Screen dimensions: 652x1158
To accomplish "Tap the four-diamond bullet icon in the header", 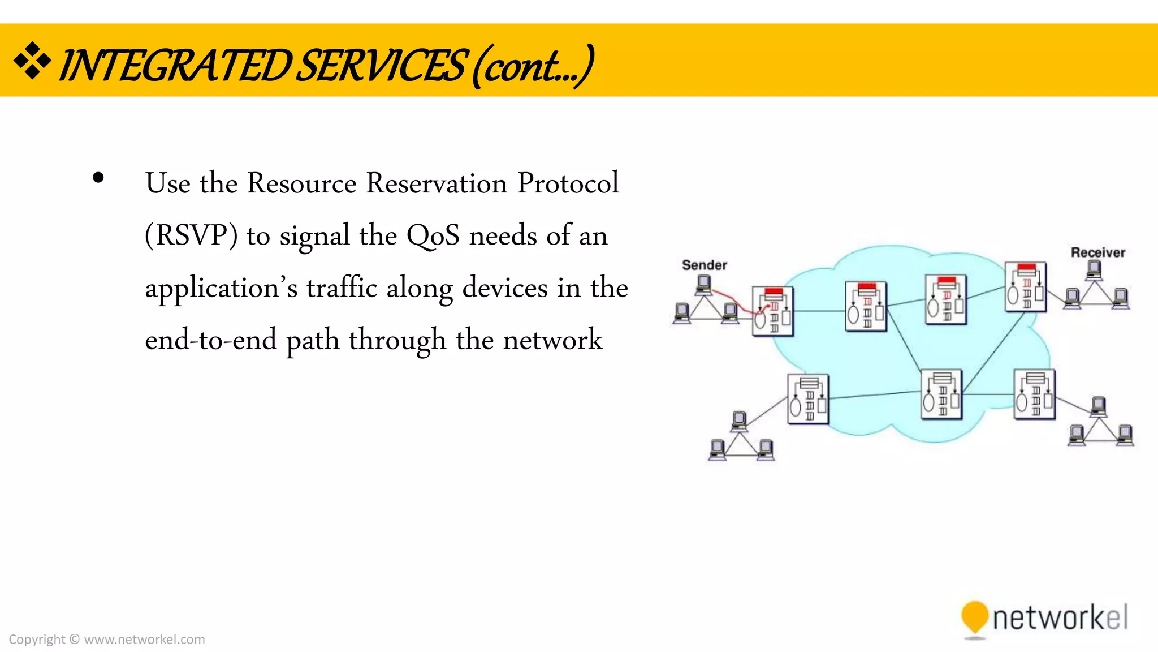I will (32, 61).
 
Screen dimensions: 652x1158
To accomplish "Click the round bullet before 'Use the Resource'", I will (98, 178).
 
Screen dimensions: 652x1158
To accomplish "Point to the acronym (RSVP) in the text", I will (192, 235).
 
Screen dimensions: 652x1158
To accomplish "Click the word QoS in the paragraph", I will (433, 235).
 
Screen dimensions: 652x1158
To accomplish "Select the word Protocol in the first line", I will (568, 183).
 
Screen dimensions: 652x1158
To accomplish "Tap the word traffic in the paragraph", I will (342, 288).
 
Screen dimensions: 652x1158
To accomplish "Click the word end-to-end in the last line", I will (211, 340).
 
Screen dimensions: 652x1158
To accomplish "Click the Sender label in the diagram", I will (704, 265).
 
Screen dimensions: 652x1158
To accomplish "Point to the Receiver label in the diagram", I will (1097, 252).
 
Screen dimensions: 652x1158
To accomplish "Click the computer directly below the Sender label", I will (703, 284).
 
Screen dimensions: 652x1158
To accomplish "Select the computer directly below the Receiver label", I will (1094, 271).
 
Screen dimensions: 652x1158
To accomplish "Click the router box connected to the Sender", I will (772, 311).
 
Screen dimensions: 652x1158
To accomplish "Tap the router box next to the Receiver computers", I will (1025, 286).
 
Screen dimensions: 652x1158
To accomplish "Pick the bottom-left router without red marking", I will (808, 399).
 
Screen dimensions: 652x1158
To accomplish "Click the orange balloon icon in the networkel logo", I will (974, 617).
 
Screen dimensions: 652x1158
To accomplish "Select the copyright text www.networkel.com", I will (144, 640).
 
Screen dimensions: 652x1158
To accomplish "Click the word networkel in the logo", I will (1060, 617).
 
